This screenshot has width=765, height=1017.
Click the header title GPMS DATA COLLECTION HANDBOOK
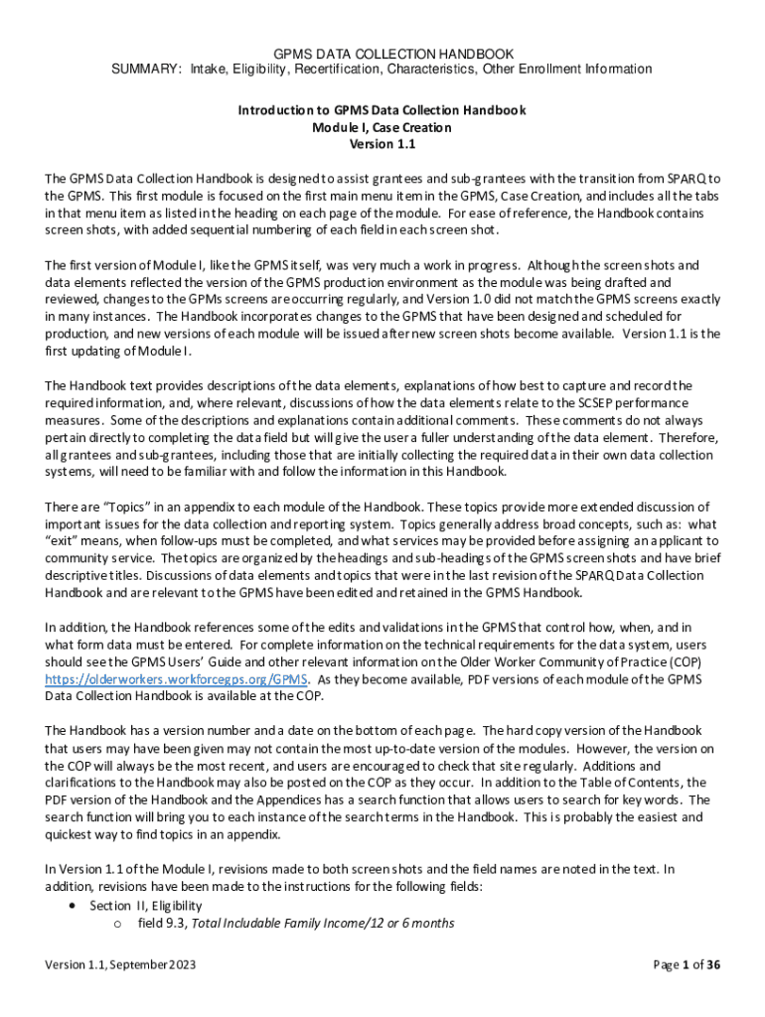(x=382, y=53)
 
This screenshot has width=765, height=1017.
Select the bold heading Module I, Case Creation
(x=382, y=127)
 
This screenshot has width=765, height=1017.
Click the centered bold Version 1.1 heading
(x=382, y=144)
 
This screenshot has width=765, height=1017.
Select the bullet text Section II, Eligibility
(x=145, y=906)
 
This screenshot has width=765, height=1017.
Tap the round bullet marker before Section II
(x=73, y=906)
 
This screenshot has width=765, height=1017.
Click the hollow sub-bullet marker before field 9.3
(x=117, y=924)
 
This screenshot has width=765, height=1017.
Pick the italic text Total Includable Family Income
(x=280, y=923)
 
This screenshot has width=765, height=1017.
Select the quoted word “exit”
(x=64, y=541)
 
